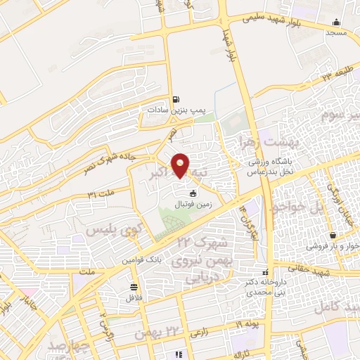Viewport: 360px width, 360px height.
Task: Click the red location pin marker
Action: click(x=181, y=165)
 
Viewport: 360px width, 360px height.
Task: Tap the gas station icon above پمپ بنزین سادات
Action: click(x=175, y=99)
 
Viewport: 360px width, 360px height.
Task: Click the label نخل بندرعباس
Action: click(x=278, y=170)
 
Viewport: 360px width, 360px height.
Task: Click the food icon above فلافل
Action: click(x=134, y=286)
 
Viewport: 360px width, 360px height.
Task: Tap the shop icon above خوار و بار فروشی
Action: click(x=333, y=236)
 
